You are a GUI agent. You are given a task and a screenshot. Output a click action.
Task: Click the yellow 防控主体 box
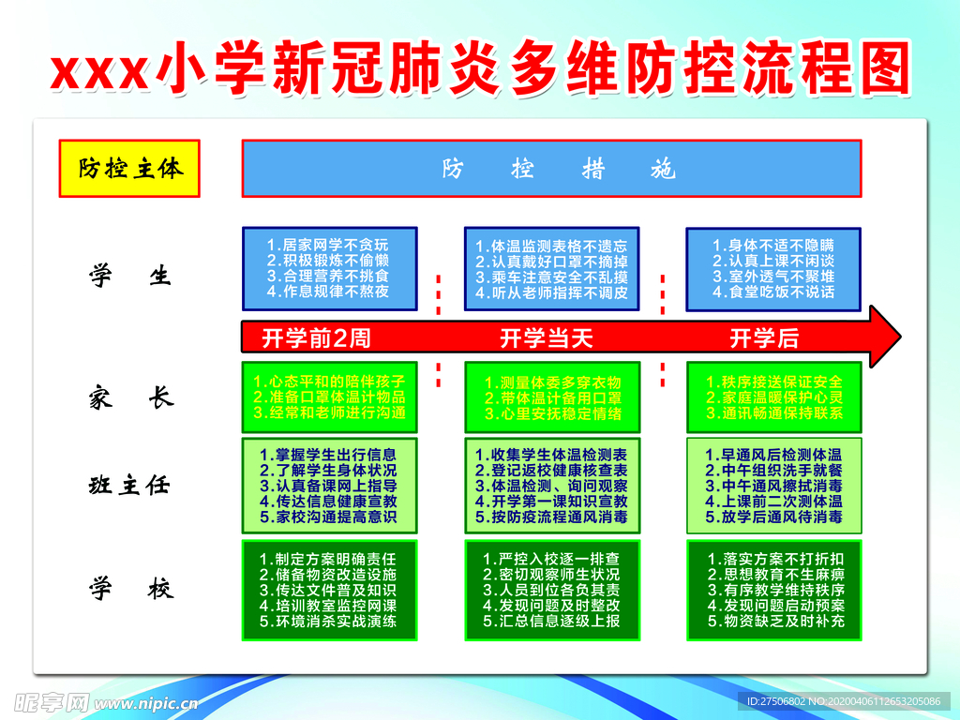click(x=129, y=169)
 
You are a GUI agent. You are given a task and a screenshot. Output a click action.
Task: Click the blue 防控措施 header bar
click(x=551, y=169)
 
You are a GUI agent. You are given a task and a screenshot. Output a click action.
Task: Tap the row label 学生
click(x=130, y=276)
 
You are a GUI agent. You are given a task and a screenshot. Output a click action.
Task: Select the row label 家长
click(x=131, y=397)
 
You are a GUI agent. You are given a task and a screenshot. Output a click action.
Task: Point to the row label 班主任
click(x=129, y=485)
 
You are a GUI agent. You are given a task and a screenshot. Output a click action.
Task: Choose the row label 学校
click(x=131, y=589)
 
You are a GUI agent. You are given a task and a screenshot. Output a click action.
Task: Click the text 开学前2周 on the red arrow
click(x=316, y=337)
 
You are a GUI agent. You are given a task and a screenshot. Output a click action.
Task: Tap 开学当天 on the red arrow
click(x=547, y=337)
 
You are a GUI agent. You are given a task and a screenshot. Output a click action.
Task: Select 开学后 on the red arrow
click(x=764, y=337)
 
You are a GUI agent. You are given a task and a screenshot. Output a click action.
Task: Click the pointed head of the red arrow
click(x=900, y=337)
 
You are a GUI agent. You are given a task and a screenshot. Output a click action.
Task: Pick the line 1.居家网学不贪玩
click(x=327, y=245)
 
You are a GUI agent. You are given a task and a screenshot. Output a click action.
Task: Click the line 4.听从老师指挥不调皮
click(x=551, y=292)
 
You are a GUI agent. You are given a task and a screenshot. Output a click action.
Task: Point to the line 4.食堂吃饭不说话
click(x=773, y=292)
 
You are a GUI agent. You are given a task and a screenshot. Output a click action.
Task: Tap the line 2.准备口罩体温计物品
click(x=329, y=397)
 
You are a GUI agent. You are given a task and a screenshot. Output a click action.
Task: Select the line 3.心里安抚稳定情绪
click(x=553, y=413)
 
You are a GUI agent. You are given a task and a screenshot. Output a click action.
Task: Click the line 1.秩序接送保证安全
click(x=773, y=382)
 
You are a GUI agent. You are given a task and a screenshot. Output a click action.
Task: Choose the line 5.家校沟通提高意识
click(x=328, y=517)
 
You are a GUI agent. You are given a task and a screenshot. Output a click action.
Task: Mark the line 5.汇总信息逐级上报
click(x=551, y=621)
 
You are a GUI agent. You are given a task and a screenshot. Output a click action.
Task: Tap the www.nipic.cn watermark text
click(x=146, y=703)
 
